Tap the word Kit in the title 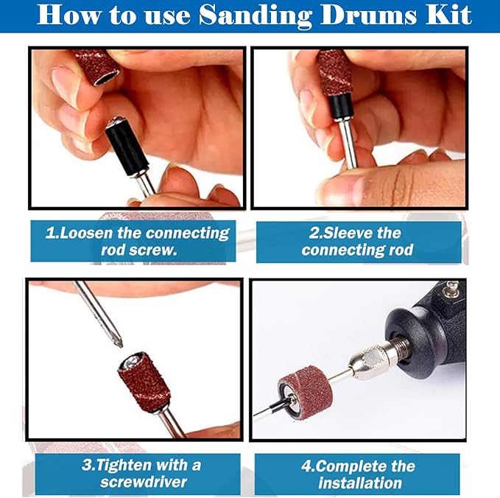click(x=448, y=15)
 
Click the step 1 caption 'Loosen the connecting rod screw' click(x=137, y=242)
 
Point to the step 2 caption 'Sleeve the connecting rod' click(x=357, y=242)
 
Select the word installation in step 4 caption click(x=359, y=483)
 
